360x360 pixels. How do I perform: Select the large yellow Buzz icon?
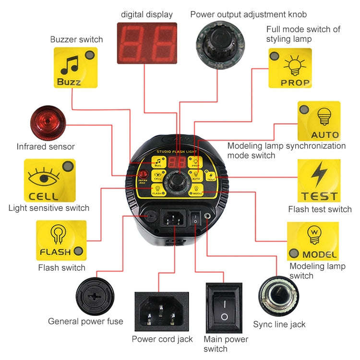[x=75, y=68]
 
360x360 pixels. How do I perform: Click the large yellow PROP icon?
[x=290, y=68]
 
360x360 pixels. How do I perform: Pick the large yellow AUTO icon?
[x=319, y=120]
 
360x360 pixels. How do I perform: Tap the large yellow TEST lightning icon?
[x=319, y=181]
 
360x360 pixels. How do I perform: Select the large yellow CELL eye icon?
[x=50, y=180]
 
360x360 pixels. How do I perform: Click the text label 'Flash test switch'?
[x=320, y=209]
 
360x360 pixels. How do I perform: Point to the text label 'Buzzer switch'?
[x=76, y=39]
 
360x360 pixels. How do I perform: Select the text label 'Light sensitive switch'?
[x=49, y=208]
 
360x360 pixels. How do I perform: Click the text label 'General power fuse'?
[x=85, y=321]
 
